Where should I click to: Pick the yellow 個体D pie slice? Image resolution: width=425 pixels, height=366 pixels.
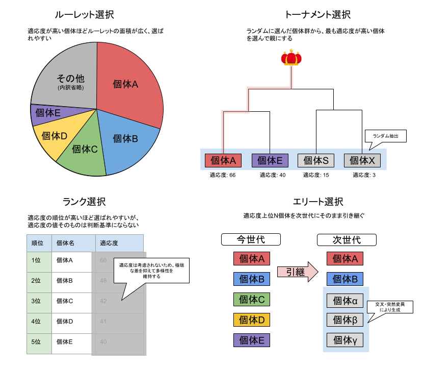point(53,137)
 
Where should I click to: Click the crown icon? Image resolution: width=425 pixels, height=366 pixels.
point(291,57)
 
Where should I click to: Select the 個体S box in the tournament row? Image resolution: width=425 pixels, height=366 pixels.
point(316,160)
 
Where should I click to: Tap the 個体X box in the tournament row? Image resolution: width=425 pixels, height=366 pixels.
point(362,160)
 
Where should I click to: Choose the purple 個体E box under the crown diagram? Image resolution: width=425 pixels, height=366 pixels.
point(270,160)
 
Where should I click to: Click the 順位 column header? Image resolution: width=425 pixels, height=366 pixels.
point(39,243)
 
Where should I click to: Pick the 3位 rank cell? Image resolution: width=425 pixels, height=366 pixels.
point(39,301)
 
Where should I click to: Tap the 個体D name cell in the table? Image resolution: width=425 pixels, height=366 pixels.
point(71,322)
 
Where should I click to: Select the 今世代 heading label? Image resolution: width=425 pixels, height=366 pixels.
point(251,239)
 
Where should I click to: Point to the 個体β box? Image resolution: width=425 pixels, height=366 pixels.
point(345,320)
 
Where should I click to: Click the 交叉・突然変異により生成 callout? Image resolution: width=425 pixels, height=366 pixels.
point(390,307)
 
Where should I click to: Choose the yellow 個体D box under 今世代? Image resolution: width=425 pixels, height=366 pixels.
point(252,320)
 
